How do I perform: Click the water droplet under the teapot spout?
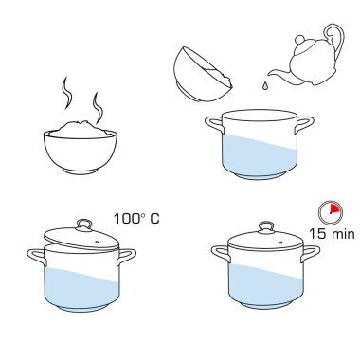coord(265,85)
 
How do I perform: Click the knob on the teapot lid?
coord(299,40)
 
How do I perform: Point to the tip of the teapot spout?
coord(269,75)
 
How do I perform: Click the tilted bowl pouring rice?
coord(203,75)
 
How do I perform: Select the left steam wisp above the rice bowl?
coord(67,92)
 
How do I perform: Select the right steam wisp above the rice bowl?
coord(98,107)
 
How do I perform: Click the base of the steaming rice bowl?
coord(80,171)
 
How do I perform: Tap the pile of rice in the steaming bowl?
coord(81,130)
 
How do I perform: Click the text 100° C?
coord(136,219)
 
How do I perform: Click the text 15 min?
coord(332,234)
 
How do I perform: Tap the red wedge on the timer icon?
coord(334,208)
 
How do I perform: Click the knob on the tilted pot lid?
coord(83,225)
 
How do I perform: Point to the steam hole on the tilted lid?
coord(97,243)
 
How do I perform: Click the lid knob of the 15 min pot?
coord(266,226)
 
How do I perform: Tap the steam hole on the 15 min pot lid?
coord(281,243)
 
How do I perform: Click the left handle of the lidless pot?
coord(214,124)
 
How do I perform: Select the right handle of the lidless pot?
coord(304,124)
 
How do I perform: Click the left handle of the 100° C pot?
coord(37,257)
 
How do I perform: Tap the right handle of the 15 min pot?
coord(311,253)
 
